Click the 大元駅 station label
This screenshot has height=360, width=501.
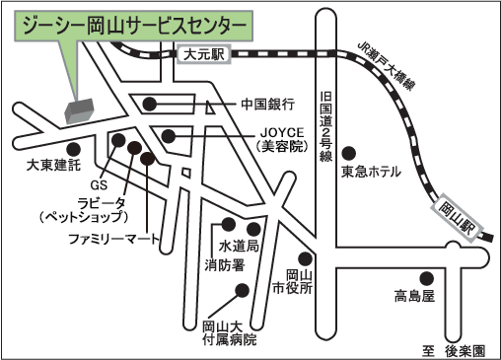pos(204,54)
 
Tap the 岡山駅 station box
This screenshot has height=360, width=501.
pos(458,218)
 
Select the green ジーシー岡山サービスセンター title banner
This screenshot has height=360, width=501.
pos(133,27)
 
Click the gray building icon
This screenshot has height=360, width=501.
pos(79,110)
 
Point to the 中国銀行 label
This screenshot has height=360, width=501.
pos(268,105)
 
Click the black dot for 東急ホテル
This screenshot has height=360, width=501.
pos(349,153)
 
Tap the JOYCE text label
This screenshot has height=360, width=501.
pos(282,132)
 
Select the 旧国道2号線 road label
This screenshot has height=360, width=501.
pos(325,126)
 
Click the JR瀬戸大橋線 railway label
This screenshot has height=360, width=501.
pos(386,66)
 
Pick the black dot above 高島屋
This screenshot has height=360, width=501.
pos(427,278)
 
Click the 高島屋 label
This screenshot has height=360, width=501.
pos(414,296)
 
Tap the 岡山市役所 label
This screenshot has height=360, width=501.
pos(293,281)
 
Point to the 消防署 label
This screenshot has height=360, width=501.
pos(225,265)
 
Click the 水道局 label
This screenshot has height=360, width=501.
pos(239,246)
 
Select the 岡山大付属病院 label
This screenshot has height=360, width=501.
pos(230,333)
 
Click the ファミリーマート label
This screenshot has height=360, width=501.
pos(113,239)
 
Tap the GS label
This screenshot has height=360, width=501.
pos(99,185)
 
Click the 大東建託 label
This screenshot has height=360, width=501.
pos(53,165)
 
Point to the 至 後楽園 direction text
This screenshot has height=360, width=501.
pos(454,351)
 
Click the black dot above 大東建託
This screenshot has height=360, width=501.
pos(73,149)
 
